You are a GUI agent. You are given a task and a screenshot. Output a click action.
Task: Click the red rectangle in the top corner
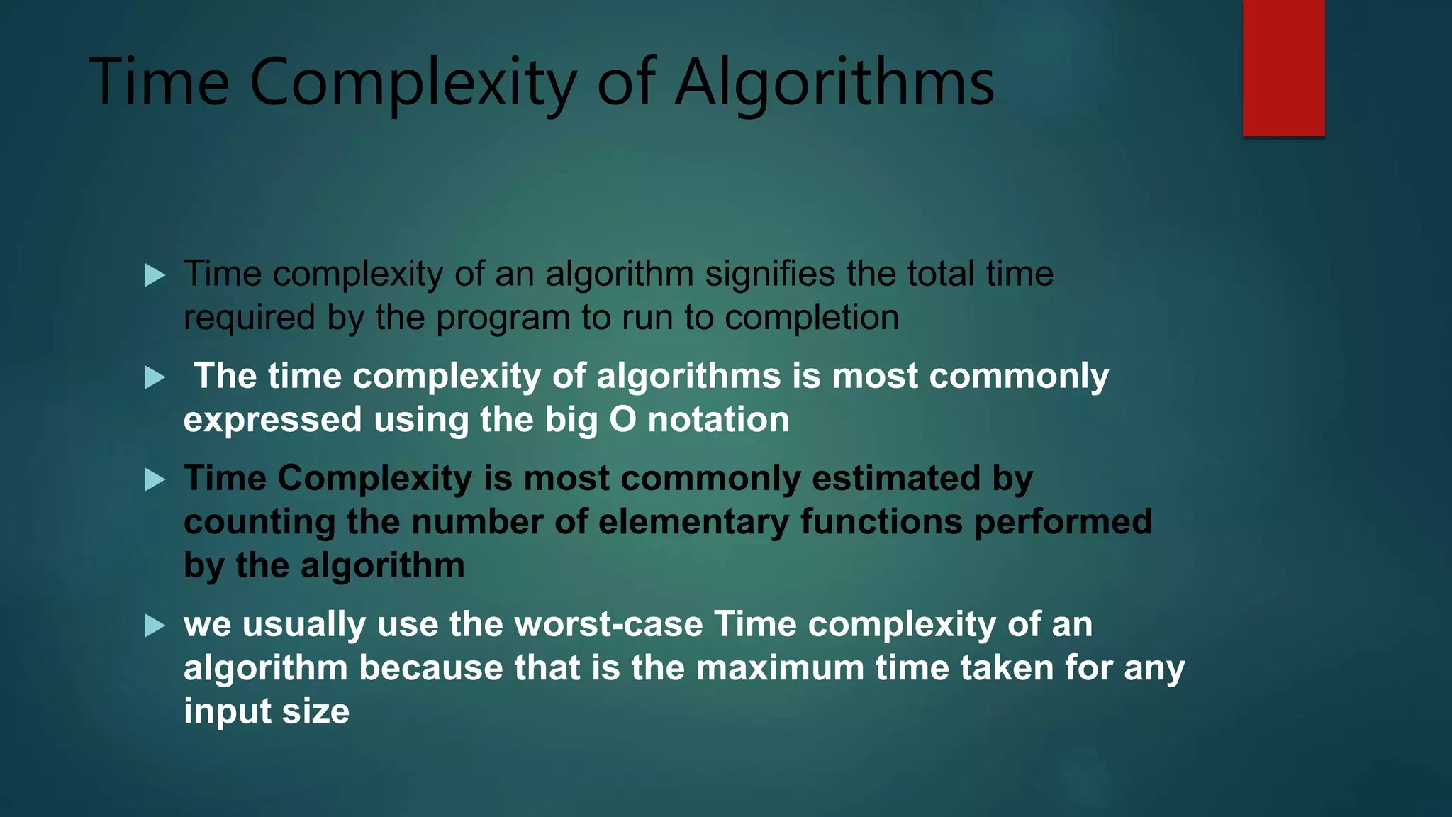click(1283, 68)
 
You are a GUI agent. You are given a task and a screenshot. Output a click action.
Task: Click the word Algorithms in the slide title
click(834, 84)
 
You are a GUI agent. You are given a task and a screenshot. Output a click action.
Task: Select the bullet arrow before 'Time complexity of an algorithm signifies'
click(155, 275)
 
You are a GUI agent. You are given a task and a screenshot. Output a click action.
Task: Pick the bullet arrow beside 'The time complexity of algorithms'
click(155, 377)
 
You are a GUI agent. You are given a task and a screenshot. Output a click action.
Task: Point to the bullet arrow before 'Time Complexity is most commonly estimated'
click(155, 480)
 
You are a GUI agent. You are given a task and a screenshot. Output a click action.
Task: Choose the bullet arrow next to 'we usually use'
click(155, 626)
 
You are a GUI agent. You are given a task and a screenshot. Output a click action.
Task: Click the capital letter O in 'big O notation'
click(622, 419)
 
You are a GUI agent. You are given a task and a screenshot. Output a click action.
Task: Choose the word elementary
click(693, 523)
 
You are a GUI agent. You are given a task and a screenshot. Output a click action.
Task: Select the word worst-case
click(608, 625)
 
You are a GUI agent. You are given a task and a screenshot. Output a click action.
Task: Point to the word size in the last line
click(315, 711)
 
